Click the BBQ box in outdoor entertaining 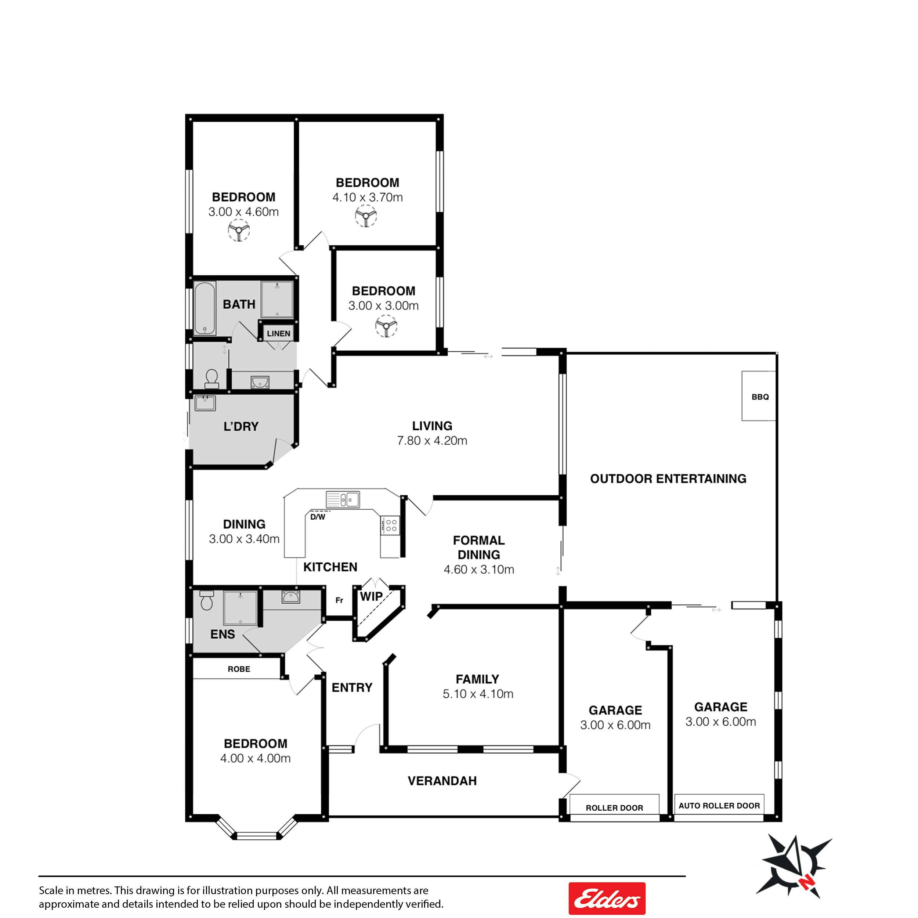pyautogui.click(x=759, y=396)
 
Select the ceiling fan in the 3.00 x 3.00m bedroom pyautogui.click(x=386, y=326)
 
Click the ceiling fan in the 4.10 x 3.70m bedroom pyautogui.click(x=366, y=216)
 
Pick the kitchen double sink pyautogui.click(x=343, y=499)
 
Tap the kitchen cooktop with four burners pyautogui.click(x=391, y=525)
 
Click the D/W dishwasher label pyautogui.click(x=318, y=517)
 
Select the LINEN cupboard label pyautogui.click(x=278, y=333)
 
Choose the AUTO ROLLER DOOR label pyautogui.click(x=719, y=805)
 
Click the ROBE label pyautogui.click(x=239, y=669)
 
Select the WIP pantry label pyautogui.click(x=371, y=596)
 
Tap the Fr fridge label pyautogui.click(x=339, y=600)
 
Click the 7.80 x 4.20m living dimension pyautogui.click(x=432, y=441)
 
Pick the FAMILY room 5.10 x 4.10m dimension pyautogui.click(x=478, y=694)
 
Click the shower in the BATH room pyautogui.click(x=277, y=299)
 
